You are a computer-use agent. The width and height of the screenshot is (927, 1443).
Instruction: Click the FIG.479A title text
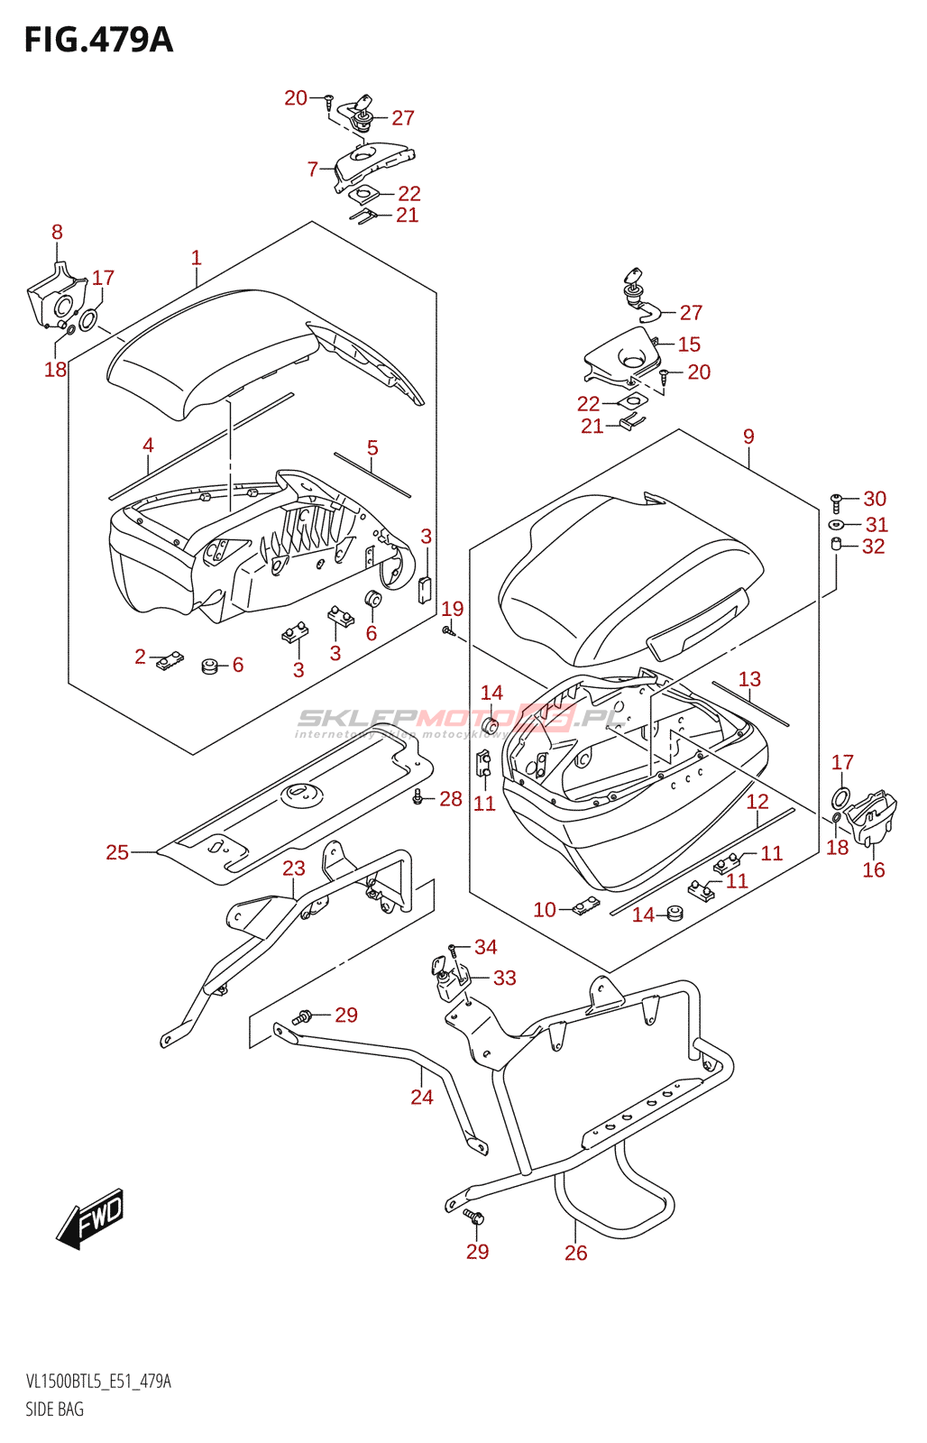(x=98, y=41)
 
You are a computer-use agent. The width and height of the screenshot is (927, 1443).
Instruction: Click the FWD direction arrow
(x=90, y=1219)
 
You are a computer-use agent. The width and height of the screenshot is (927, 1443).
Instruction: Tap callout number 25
(x=117, y=852)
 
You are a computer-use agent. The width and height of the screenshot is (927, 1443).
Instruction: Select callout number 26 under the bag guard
(x=575, y=1253)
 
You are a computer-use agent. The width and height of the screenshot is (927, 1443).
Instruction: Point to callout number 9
(x=748, y=437)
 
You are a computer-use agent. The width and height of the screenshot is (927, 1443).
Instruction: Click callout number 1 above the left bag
(x=196, y=258)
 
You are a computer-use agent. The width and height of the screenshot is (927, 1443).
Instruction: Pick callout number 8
(x=57, y=232)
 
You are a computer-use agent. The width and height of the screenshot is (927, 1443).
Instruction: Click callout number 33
(x=504, y=978)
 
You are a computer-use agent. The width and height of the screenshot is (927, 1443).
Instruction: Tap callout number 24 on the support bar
(x=421, y=1097)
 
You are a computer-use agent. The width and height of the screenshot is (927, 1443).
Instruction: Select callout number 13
(x=749, y=679)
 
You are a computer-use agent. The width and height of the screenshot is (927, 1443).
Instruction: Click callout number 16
(x=873, y=869)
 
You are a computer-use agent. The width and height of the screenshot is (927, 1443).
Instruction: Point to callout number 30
(x=875, y=499)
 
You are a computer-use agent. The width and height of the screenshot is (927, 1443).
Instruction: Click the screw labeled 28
(x=418, y=797)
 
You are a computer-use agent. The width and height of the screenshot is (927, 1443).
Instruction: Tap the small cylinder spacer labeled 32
(x=836, y=544)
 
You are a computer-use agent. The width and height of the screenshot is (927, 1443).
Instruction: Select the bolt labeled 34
(x=454, y=947)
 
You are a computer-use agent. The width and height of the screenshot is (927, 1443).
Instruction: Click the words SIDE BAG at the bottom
(x=54, y=1409)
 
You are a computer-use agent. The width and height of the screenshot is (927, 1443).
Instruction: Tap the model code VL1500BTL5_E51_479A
(x=98, y=1382)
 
